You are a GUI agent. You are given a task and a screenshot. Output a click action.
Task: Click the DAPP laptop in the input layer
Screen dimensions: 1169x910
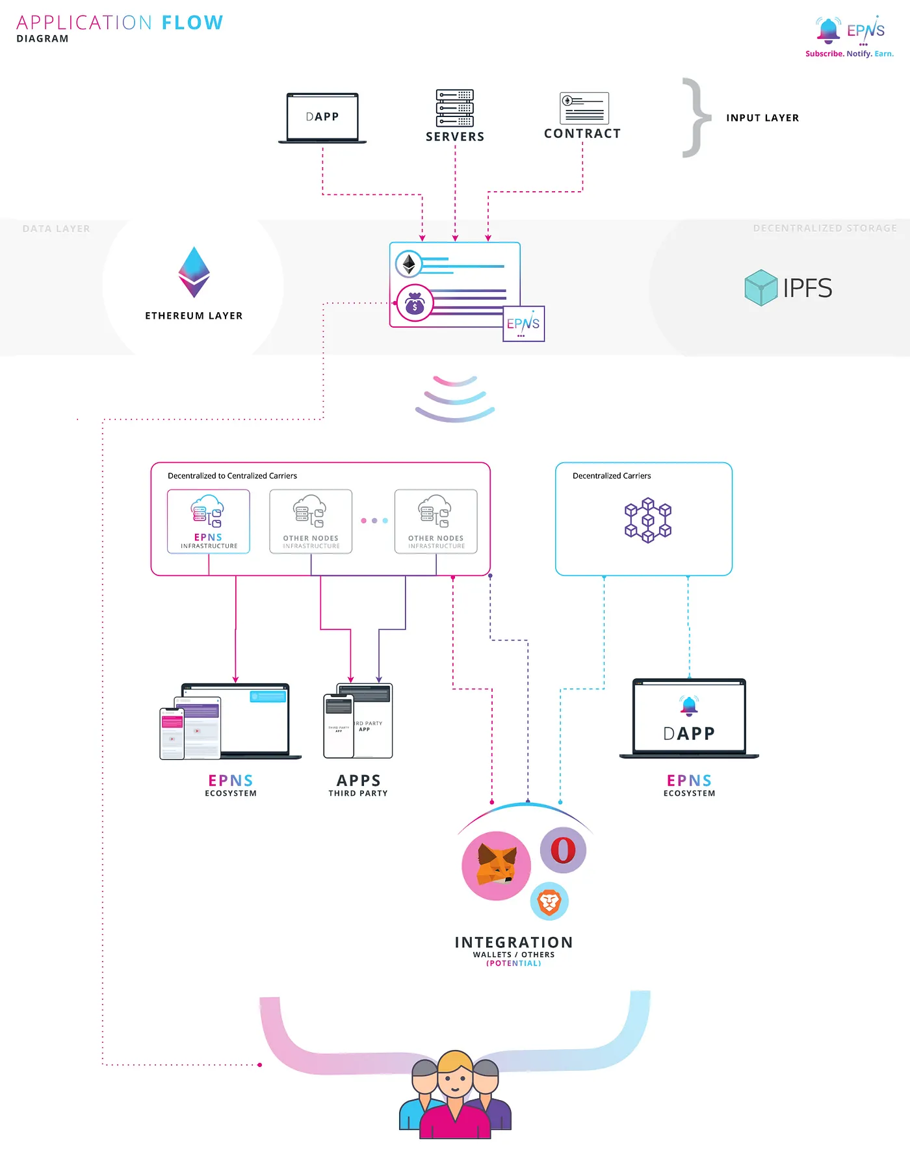tap(322, 117)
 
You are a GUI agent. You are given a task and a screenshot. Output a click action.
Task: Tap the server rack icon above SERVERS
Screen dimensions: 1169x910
tap(454, 108)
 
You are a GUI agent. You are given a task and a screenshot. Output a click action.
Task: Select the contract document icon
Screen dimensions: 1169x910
tap(584, 108)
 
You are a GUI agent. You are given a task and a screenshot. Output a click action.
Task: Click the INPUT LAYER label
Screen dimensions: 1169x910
tap(762, 118)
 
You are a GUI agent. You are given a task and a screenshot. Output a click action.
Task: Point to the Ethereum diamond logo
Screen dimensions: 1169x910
tap(194, 272)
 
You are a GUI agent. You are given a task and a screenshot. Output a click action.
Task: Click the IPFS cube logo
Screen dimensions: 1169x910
tap(760, 287)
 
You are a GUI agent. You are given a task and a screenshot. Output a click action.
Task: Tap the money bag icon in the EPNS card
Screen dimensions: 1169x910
tap(415, 304)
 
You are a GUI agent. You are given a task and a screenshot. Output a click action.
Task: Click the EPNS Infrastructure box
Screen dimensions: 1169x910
tap(208, 521)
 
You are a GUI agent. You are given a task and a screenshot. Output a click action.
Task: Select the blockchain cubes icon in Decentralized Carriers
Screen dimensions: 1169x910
tap(647, 520)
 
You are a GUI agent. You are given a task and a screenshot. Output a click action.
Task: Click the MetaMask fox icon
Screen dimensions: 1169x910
tap(496, 865)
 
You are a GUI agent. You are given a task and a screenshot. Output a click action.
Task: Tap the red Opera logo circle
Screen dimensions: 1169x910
tap(563, 850)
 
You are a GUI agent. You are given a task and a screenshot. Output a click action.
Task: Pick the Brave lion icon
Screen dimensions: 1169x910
tap(549, 902)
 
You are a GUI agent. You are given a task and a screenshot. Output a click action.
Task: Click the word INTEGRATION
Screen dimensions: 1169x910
tap(513, 942)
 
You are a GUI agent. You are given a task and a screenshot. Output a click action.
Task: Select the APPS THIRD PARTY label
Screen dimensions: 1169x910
tap(358, 785)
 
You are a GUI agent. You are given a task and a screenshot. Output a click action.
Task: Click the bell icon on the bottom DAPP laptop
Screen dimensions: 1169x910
tap(689, 705)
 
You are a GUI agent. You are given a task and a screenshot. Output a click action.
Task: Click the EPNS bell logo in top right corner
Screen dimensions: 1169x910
tap(828, 29)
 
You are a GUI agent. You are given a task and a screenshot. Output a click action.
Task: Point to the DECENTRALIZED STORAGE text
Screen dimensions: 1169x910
tap(824, 228)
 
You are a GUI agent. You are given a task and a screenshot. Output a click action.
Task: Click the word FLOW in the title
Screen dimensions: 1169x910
tap(192, 23)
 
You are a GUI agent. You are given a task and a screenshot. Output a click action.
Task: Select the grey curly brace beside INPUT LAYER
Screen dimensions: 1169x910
tap(696, 118)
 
